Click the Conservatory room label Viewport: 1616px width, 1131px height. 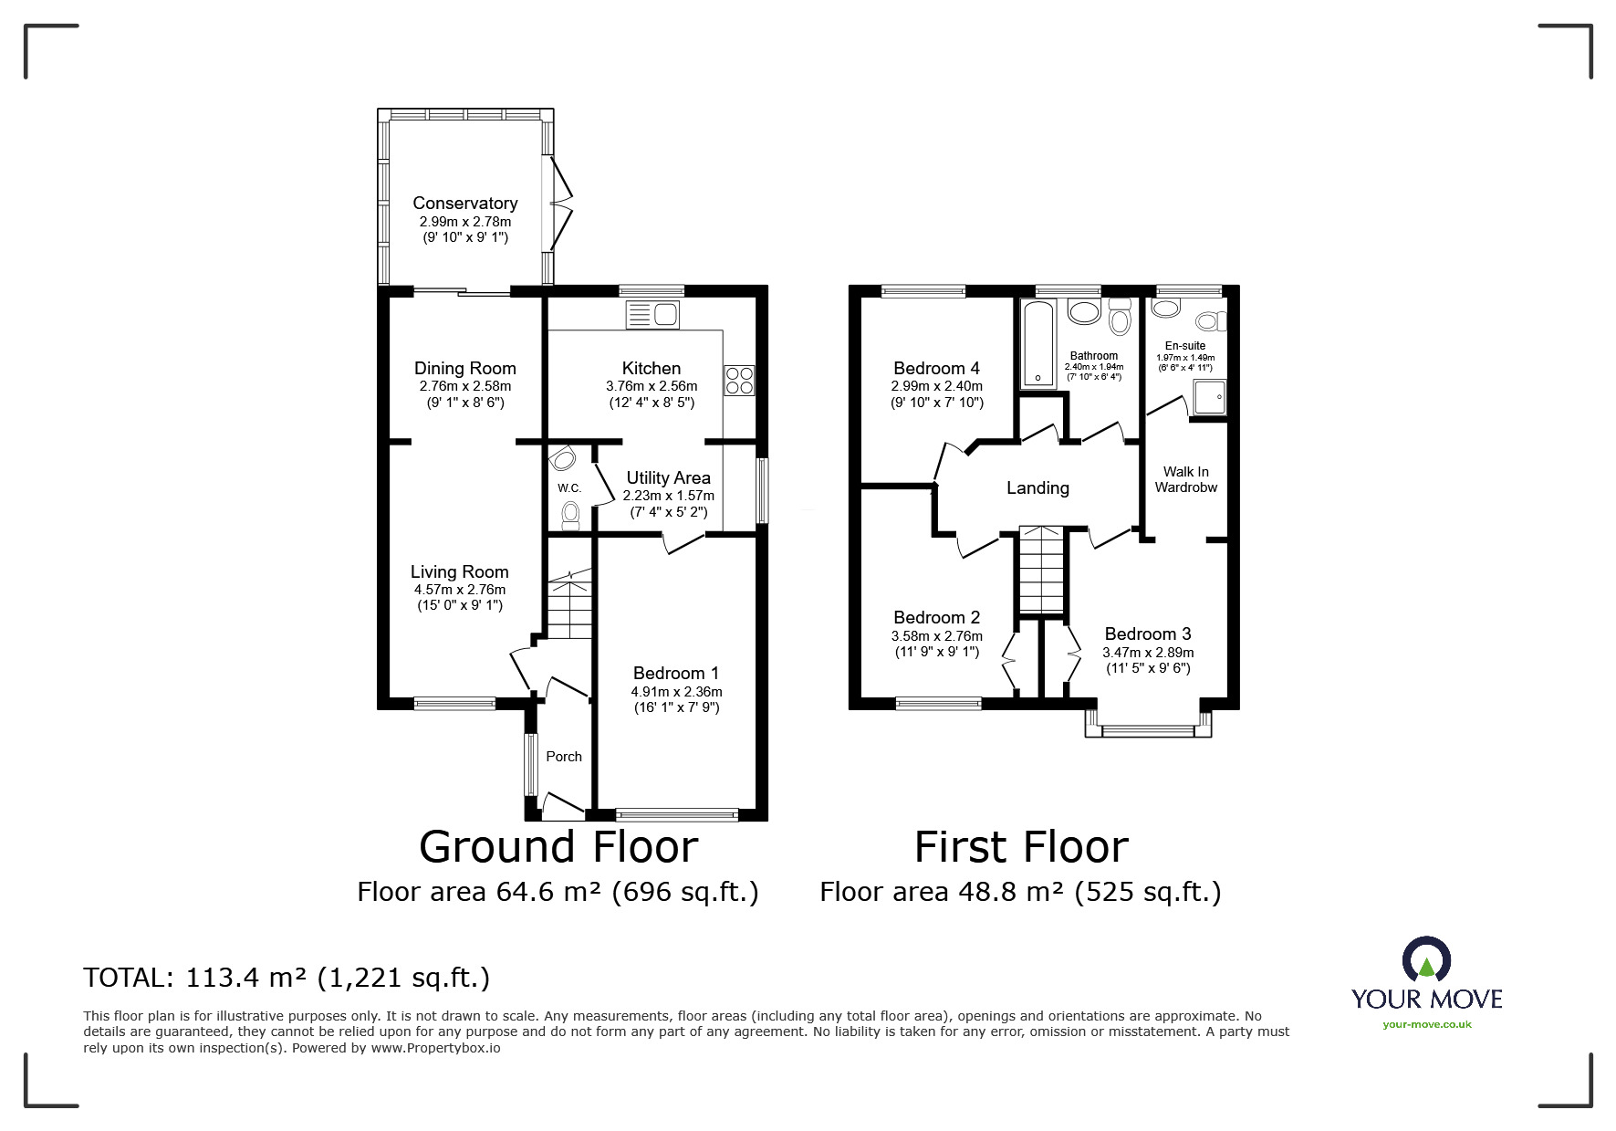(464, 204)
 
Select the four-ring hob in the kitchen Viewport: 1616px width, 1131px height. (739, 380)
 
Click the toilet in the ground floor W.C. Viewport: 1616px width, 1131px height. (571, 516)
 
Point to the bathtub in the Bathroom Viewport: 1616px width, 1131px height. (1038, 343)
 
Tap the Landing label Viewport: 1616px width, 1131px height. (1037, 488)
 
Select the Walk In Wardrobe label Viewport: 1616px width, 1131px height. (1185, 479)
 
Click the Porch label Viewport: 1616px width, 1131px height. (564, 757)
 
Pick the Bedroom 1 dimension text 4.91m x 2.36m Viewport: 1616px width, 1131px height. (676, 692)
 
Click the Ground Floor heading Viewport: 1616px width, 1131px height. (558, 847)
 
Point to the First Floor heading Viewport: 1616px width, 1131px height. (1021, 847)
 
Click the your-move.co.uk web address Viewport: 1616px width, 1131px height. (1426, 1024)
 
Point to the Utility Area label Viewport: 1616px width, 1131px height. (668, 477)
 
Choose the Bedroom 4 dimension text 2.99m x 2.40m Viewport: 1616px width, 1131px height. (937, 386)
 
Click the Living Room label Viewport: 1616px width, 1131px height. (459, 572)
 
